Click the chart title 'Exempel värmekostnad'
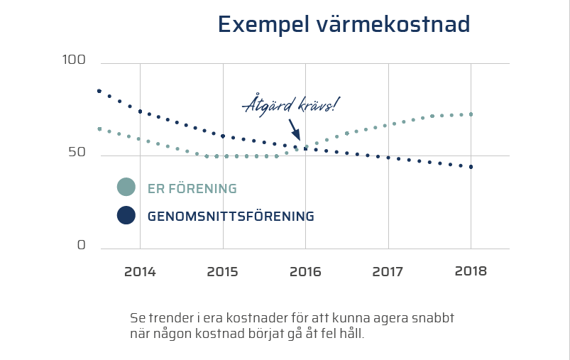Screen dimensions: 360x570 click(x=344, y=24)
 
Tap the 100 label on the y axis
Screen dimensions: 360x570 click(x=73, y=61)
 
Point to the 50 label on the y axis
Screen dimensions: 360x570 click(x=77, y=153)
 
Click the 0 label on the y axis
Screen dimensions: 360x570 click(x=81, y=245)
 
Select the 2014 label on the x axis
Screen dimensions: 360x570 click(x=140, y=272)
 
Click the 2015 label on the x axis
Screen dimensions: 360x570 click(x=223, y=272)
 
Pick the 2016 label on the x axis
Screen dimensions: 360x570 click(x=305, y=272)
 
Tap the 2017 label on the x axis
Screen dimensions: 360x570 click(x=388, y=272)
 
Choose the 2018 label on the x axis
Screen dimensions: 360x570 click(x=470, y=271)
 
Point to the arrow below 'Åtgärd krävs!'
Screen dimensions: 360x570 click(x=295, y=130)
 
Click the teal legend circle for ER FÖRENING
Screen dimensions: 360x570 click(x=126, y=187)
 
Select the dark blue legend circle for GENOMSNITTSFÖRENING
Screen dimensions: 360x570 click(x=126, y=215)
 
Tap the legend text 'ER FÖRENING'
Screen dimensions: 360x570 click(x=192, y=189)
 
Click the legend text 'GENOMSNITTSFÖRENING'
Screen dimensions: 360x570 click(x=231, y=217)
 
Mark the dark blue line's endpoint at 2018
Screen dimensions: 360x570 click(x=471, y=167)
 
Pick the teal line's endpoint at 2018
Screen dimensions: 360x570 click(x=471, y=114)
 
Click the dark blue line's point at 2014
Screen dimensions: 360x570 click(x=140, y=111)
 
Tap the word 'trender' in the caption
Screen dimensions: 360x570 click(x=172, y=317)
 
